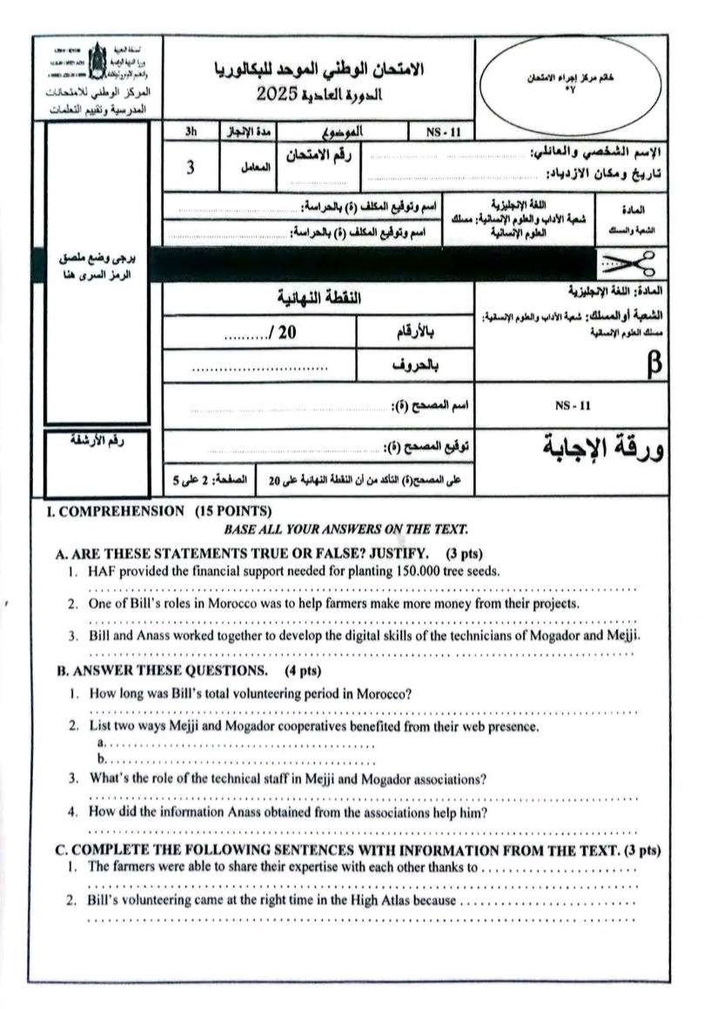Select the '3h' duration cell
[x=191, y=132]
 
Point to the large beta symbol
[x=654, y=365]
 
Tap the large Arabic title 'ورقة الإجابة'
[x=600, y=446]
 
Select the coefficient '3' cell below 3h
[x=191, y=168]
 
